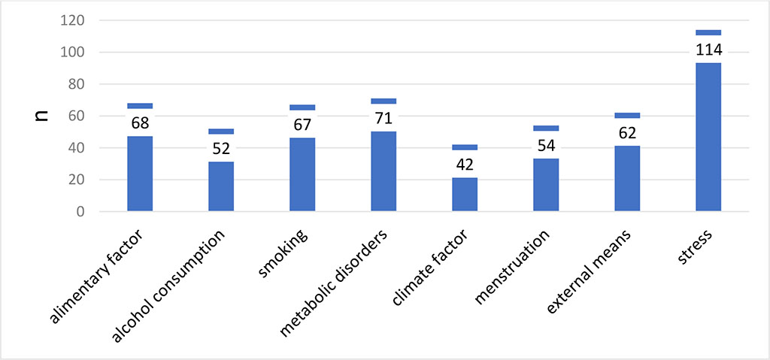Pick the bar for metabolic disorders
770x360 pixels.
pos(383,171)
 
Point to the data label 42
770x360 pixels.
pos(465,164)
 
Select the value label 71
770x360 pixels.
pos(383,118)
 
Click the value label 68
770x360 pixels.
pos(140,123)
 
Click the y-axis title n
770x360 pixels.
pos(44,116)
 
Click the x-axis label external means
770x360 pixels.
pos(591,271)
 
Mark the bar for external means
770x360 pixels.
pos(627,179)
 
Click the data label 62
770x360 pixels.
pos(627,132)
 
